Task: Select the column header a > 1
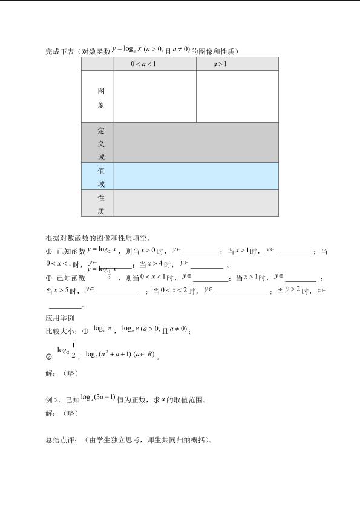[220, 64]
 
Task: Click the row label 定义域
[101, 143]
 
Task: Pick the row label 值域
[101, 177]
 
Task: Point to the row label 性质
[101, 204]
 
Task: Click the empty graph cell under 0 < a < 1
[155, 97]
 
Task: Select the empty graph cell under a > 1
[237, 97]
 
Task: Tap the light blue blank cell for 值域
[196, 176]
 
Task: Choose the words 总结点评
[59, 441]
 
